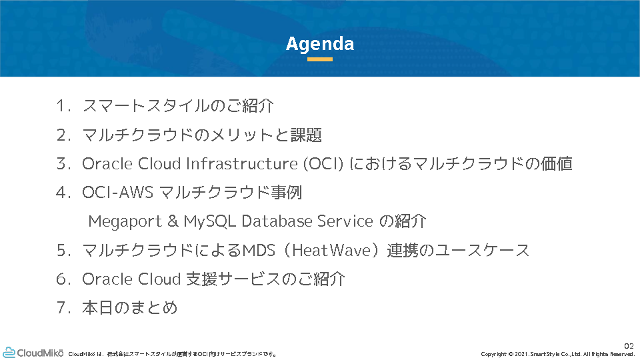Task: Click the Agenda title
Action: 319,44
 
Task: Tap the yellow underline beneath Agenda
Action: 319,59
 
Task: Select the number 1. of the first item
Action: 64,106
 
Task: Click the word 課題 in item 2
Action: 306,135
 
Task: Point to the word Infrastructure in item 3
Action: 241,164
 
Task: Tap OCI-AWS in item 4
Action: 117,192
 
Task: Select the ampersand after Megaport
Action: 173,221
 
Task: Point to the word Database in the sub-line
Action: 277,221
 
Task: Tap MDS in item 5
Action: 259,250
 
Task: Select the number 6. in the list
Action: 64,279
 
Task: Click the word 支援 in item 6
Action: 201,279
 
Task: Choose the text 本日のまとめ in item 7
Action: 130,308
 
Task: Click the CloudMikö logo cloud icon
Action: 9,353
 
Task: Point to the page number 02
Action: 629,346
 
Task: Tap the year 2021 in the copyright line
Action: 521,354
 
